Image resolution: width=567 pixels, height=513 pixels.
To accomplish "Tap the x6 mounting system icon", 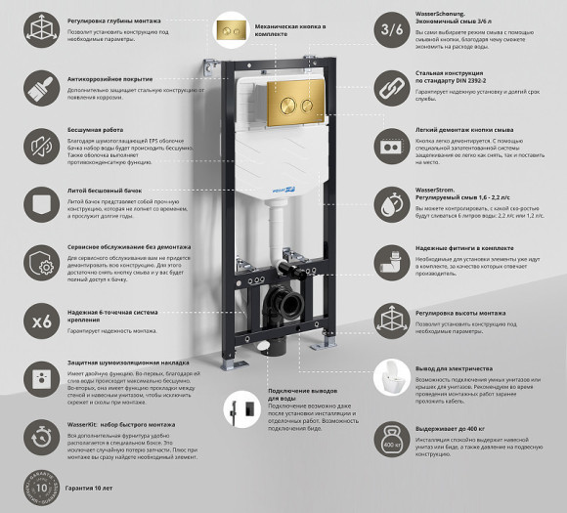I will (42, 321).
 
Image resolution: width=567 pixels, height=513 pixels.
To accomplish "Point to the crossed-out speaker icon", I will (42, 148).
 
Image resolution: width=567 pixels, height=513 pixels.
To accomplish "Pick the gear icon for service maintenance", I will (42, 264).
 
